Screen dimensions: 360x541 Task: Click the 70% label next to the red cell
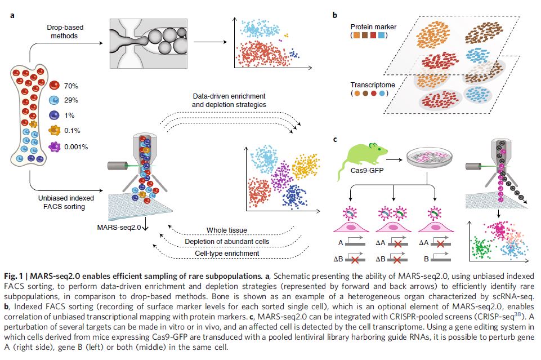click(x=72, y=86)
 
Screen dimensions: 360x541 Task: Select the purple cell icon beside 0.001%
click(x=55, y=147)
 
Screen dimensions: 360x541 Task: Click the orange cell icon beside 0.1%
click(x=55, y=131)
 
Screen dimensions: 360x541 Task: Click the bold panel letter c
click(x=335, y=140)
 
